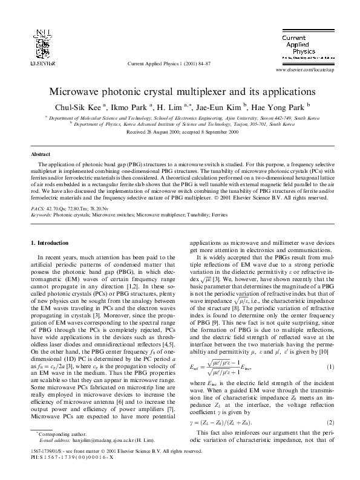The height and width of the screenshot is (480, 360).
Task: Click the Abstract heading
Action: [x=41, y=155]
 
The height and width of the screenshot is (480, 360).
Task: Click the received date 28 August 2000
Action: [x=159, y=131]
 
